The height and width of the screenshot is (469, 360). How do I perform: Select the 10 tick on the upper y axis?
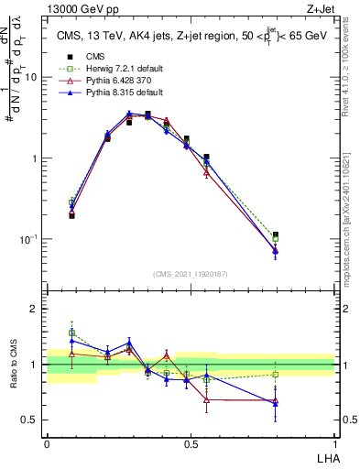point(34,78)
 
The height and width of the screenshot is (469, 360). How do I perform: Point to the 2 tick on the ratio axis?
point(38,309)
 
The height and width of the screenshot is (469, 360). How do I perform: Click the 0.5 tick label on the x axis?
point(191,443)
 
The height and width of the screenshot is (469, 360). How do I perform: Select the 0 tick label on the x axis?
point(47,443)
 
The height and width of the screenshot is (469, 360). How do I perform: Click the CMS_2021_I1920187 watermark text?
point(191,274)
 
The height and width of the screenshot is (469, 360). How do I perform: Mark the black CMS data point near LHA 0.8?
point(275,235)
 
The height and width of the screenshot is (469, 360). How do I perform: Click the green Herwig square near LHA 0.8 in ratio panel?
point(275,374)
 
